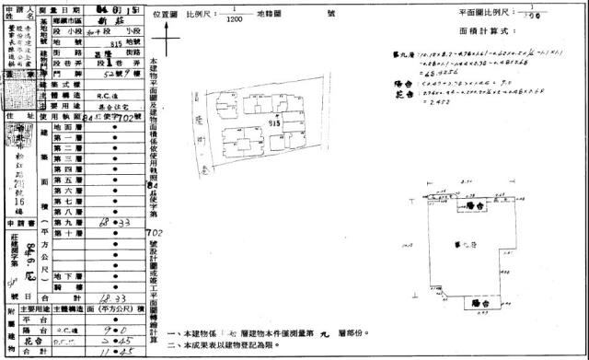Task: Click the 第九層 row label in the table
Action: tap(69, 223)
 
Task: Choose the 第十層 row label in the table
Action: tap(69, 235)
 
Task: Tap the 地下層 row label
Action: tap(69, 275)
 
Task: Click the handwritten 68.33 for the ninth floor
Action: tap(118, 224)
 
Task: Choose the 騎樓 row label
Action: tap(69, 287)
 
